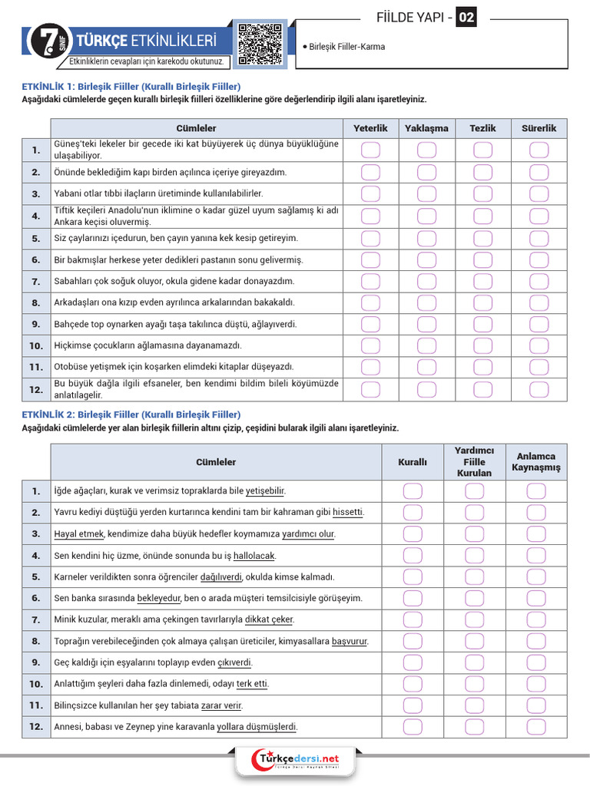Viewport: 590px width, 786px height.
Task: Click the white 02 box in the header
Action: click(x=466, y=17)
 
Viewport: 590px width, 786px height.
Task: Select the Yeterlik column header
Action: click(x=370, y=128)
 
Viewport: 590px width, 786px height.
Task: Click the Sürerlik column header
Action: click(x=539, y=128)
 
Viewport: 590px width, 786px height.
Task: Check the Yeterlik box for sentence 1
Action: click(x=370, y=150)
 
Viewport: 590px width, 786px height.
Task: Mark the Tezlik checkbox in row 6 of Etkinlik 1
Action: click(x=483, y=260)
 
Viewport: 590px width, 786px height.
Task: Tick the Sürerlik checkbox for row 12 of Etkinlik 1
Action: click(x=539, y=389)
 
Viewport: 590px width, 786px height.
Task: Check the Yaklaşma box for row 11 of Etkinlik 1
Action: click(x=426, y=368)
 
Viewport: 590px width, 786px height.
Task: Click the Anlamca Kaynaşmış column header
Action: click(x=537, y=462)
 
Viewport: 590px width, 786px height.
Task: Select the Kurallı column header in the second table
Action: click(x=413, y=462)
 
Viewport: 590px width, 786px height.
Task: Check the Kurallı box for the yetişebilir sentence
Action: click(x=413, y=490)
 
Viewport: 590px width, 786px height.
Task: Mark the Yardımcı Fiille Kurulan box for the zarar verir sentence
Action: click(x=474, y=705)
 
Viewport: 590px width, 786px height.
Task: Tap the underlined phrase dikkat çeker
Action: click(x=269, y=619)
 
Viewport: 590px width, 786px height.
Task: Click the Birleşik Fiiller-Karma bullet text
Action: click(x=346, y=47)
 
